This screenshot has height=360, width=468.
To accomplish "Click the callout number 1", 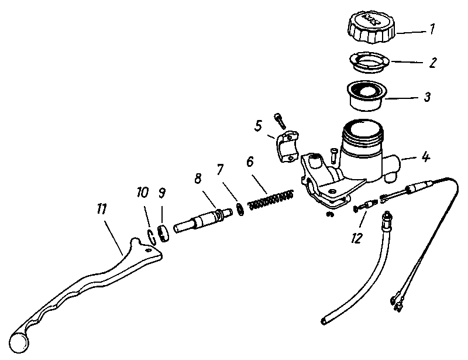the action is pyautogui.click(x=432, y=29).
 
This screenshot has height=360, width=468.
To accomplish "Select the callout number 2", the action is pyautogui.click(x=432, y=63).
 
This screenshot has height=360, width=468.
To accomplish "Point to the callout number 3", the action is pyautogui.click(x=428, y=97).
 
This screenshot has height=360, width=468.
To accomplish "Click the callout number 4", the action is pyautogui.click(x=426, y=156).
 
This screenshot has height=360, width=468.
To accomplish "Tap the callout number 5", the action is pyautogui.click(x=258, y=126).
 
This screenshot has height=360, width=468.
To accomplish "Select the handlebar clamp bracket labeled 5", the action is pyautogui.click(x=288, y=146).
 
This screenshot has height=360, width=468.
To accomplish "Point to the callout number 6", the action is pyautogui.click(x=250, y=162).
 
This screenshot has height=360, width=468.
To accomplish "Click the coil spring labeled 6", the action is pyautogui.click(x=271, y=200).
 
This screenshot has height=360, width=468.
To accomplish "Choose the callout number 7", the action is pyautogui.click(x=220, y=169).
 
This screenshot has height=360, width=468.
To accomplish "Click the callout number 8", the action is pyautogui.click(x=198, y=179).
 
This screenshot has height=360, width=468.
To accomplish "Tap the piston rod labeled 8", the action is pyautogui.click(x=203, y=221).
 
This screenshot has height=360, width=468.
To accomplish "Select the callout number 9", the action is pyautogui.click(x=162, y=193).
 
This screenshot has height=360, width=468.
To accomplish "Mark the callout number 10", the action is pyautogui.click(x=143, y=193).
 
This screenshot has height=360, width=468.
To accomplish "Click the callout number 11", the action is pyautogui.click(x=101, y=209).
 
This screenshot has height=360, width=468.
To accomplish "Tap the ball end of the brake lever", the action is pyautogui.click(x=19, y=342).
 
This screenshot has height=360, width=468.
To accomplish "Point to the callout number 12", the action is pyautogui.click(x=357, y=238).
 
